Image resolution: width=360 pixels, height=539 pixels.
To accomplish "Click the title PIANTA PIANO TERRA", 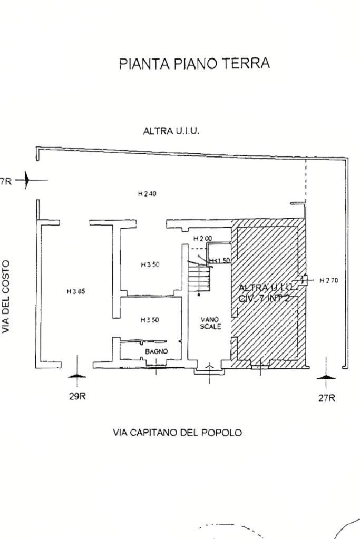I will tap(194, 64).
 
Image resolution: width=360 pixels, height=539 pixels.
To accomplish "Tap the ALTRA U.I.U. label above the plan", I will tap(171, 131).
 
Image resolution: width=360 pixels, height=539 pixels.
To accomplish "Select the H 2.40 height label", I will tap(147, 194).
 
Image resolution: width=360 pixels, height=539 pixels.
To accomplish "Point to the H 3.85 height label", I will tap(76, 291).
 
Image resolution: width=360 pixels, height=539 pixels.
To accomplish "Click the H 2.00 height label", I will tap(202, 239).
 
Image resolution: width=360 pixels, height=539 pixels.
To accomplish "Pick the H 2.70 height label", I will tap(329, 281).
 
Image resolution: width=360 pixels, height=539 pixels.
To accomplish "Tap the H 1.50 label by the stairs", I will tap(220, 261).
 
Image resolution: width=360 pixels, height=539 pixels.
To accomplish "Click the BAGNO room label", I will tap(157, 351).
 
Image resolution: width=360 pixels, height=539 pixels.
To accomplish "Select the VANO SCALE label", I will tap(210, 323).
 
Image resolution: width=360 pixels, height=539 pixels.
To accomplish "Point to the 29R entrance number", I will tap(77, 396).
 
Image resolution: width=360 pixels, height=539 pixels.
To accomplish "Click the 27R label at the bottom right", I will tap(326, 398).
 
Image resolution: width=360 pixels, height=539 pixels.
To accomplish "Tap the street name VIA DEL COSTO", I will tap(7, 296).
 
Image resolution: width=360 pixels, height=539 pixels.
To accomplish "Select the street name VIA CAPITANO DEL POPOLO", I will tap(178, 433).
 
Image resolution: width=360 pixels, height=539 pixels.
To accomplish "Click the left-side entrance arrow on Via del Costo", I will tap(30, 180).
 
